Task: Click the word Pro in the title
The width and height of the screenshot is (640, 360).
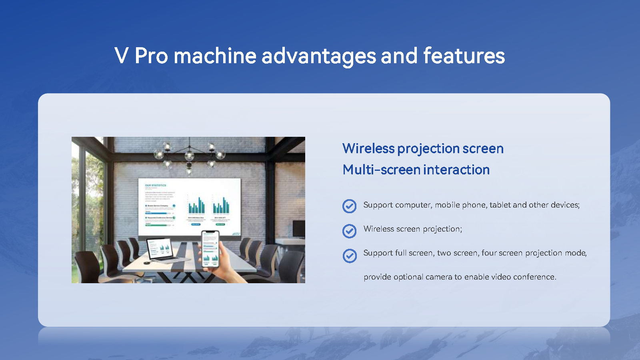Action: pyautogui.click(x=151, y=56)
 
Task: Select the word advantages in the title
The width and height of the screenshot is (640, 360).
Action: pyautogui.click(x=318, y=56)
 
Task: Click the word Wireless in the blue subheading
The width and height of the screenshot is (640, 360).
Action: pyautogui.click(x=368, y=148)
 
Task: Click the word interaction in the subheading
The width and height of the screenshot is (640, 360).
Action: pyautogui.click(x=456, y=170)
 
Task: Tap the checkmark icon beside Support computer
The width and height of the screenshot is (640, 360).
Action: pyautogui.click(x=349, y=206)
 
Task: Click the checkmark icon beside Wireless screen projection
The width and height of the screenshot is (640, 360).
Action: pyautogui.click(x=349, y=231)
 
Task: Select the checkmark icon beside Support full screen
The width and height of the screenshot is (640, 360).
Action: pyautogui.click(x=349, y=256)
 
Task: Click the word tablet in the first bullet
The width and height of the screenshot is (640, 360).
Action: pyautogui.click(x=500, y=205)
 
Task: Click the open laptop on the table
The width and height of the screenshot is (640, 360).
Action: pyautogui.click(x=160, y=250)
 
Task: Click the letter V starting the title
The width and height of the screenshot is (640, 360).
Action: pyautogui.click(x=122, y=56)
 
